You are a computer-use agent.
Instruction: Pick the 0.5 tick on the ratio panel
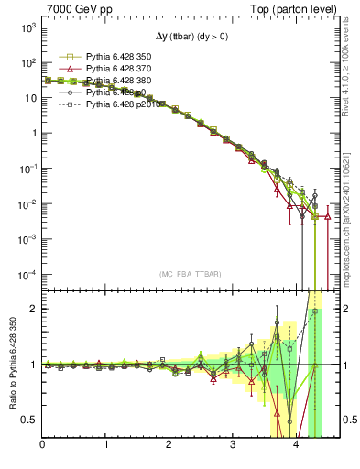pos(28,420)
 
